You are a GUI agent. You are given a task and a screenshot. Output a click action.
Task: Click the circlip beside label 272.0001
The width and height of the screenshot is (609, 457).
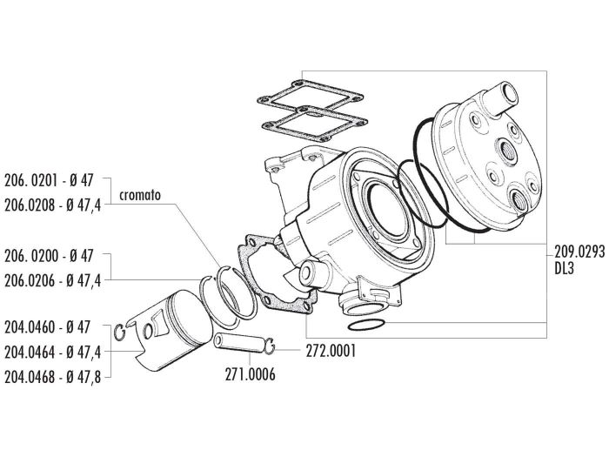point(273,348)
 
